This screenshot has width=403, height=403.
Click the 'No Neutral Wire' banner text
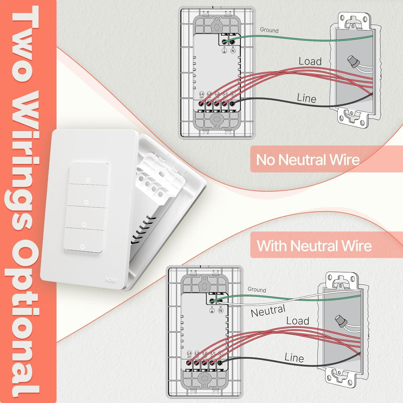pyautogui.click(x=308, y=160)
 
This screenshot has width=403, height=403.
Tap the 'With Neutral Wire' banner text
pyautogui.click(x=314, y=246)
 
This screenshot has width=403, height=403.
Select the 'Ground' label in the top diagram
pyautogui.click(x=269, y=30)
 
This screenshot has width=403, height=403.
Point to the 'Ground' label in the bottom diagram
pyautogui.click(x=257, y=289)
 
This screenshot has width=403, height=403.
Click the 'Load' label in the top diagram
pyautogui.click(x=310, y=61)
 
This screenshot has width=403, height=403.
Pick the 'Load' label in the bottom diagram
pyautogui.click(x=297, y=321)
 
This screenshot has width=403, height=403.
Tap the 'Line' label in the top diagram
pyautogui.click(x=307, y=98)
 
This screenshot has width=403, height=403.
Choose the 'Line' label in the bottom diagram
pyautogui.click(x=294, y=358)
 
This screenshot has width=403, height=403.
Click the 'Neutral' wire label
pyautogui.click(x=268, y=311)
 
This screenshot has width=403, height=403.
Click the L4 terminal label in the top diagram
pyautogui.click(x=202, y=94)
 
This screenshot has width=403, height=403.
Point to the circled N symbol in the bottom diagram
pyautogui.click(x=221, y=311)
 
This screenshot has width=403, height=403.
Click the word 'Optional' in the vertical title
pyautogui.click(x=26, y=320)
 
